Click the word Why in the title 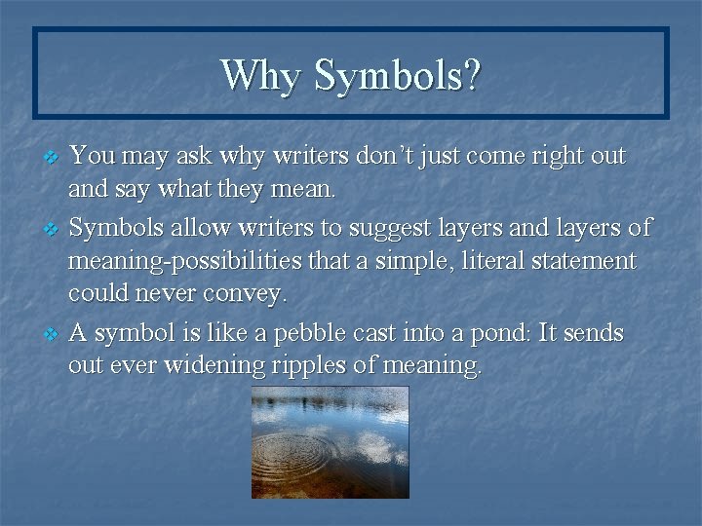coord(260,76)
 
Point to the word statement coord(585,261)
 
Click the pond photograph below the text coord(331,442)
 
